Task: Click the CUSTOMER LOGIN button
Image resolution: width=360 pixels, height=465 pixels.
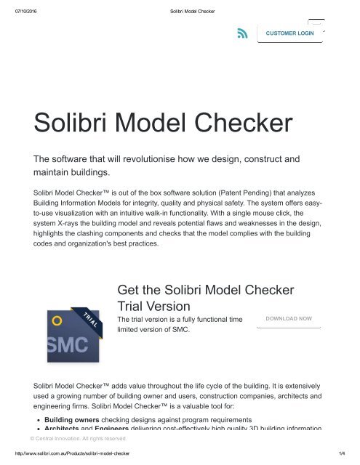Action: (x=289, y=33)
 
